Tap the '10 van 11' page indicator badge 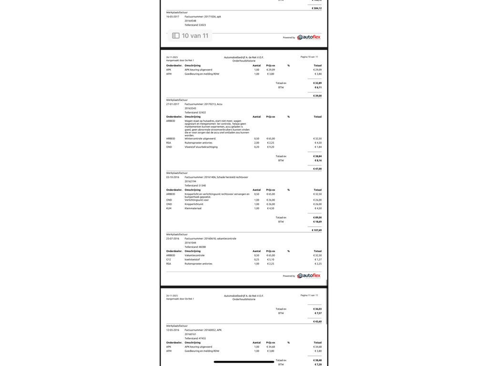tap(190, 36)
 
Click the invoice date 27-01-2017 tap(173, 104)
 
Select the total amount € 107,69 tap(317, 230)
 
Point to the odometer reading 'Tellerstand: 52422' tap(195, 112)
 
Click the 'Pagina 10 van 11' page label tap(309, 57)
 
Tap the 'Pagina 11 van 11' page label tap(309, 295)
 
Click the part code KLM tap(169, 208)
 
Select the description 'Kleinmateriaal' tap(193, 208)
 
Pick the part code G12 tap(169, 260)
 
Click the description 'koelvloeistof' tap(193, 260)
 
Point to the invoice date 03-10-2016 tap(173, 177)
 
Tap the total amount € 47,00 tap(317, 169)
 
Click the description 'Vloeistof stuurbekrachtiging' tap(201, 147)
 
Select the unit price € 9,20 tap(270, 147)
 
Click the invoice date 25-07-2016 tap(173, 239)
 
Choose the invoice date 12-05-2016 tap(173, 330)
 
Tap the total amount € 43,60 tap(317, 322)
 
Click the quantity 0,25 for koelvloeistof tap(257, 260)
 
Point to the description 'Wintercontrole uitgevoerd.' tap(200, 139)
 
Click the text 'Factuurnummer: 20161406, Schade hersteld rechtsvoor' tap(216, 177)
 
